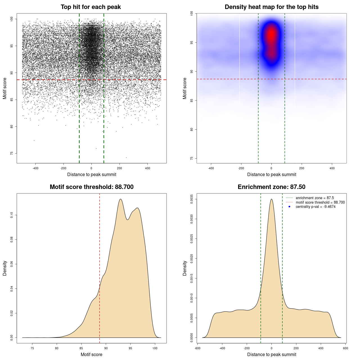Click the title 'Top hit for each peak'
coord(91,7)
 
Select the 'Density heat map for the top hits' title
coord(271,7)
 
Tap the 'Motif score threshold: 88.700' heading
coord(91,187)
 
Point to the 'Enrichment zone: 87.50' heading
coord(271,187)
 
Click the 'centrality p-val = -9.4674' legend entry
coord(316,207)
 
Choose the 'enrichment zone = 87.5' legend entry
coord(315,198)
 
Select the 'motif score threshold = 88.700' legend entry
coord(320,202)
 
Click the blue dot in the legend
coord(289,207)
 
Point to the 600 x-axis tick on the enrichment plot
coord(346,348)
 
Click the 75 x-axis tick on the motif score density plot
coord(32,348)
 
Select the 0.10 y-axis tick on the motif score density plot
coord(12,215)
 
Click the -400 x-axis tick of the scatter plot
coord(35,168)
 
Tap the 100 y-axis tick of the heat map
coord(192,13)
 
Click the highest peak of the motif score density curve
coord(121,199)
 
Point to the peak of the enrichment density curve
coord(271,199)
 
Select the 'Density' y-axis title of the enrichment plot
coord(185,268)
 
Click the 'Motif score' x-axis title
coord(91,354)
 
